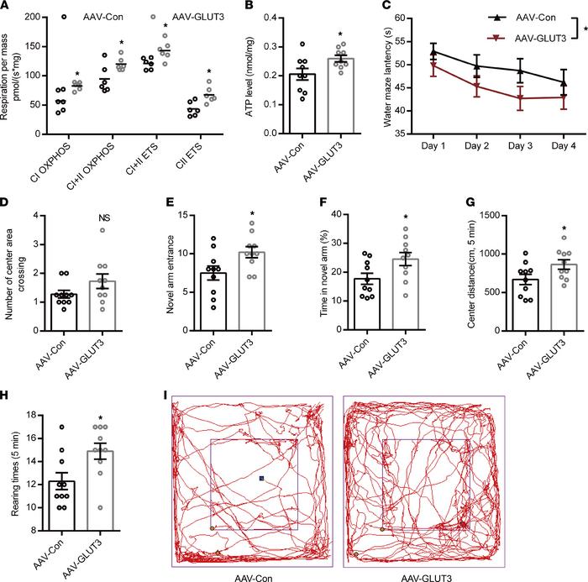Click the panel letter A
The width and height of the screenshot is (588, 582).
tap(7, 8)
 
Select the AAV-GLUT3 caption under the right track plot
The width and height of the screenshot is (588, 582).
tap(425, 576)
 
